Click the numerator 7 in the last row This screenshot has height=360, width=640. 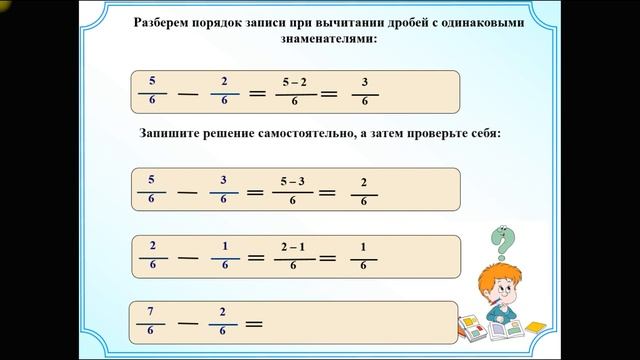152,311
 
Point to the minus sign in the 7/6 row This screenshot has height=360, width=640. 188,323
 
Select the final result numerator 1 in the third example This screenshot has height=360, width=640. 363,246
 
